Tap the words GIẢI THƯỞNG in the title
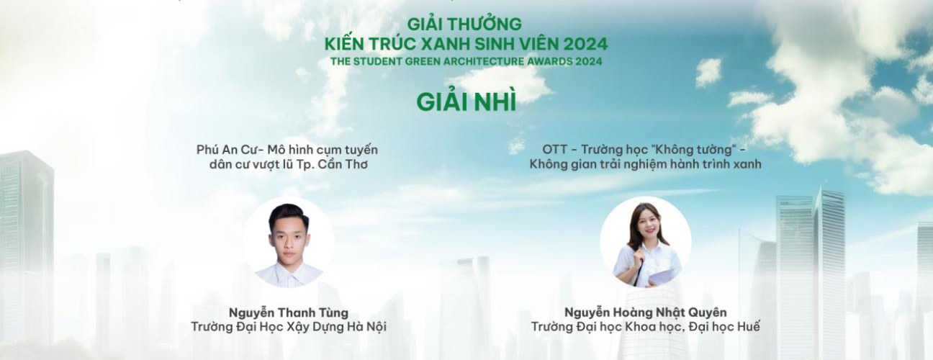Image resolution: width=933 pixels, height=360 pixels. pos(464,24)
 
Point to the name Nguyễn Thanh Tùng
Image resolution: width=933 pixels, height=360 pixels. pos(289,312)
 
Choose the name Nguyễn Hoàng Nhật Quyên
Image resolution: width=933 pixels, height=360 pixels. pos(645,312)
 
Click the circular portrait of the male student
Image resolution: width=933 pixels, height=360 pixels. pos(288,243)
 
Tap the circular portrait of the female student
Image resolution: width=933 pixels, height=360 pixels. pos(645,242)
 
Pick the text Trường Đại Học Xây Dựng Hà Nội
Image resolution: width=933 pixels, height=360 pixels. pos(289,327)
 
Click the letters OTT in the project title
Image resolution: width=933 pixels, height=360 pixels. pos(554,150)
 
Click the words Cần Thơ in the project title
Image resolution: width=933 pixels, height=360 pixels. pos(343,164)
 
